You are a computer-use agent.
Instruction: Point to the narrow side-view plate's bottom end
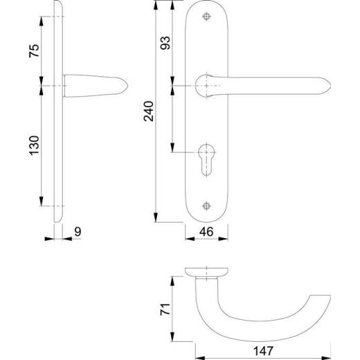[x=59, y=219]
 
